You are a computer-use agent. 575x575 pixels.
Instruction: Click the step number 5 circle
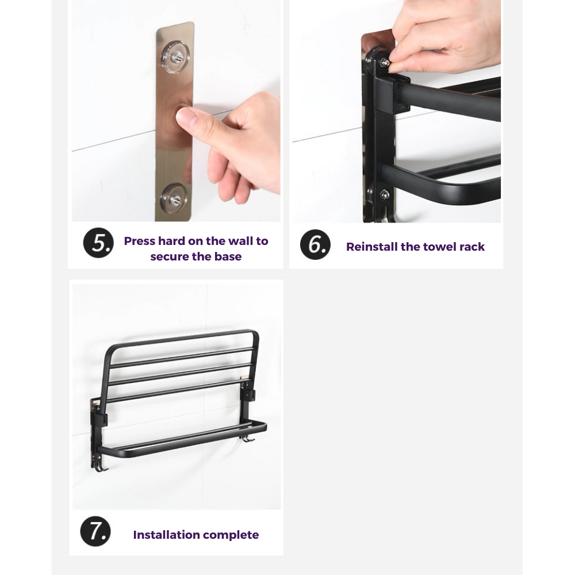click(x=98, y=243)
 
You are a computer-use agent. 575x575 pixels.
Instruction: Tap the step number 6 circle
click(x=315, y=244)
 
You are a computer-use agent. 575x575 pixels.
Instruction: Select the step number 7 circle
click(x=95, y=531)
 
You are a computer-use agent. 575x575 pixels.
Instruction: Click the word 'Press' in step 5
click(x=139, y=241)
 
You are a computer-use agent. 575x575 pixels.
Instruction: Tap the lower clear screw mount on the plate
click(x=174, y=200)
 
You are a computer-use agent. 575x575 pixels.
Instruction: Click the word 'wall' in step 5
click(x=240, y=241)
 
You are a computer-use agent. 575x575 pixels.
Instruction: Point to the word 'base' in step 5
click(x=228, y=256)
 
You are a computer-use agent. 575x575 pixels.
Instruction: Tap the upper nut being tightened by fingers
click(x=384, y=62)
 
